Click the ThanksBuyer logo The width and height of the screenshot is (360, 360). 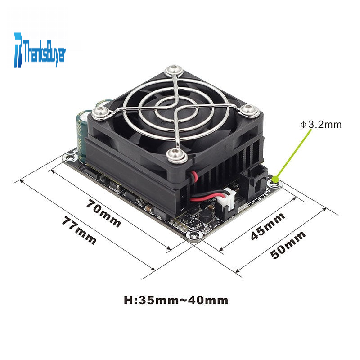40,50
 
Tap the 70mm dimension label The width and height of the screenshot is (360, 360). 103,213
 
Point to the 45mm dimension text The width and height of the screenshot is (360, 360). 268,226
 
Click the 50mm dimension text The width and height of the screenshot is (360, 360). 288,244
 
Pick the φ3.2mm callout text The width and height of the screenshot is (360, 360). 321,125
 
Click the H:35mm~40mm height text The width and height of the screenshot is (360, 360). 176,300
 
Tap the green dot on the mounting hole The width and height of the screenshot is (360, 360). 275,179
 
